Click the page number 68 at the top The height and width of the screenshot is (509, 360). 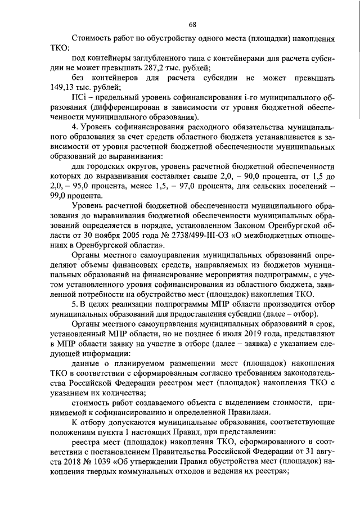tap(192, 24)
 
